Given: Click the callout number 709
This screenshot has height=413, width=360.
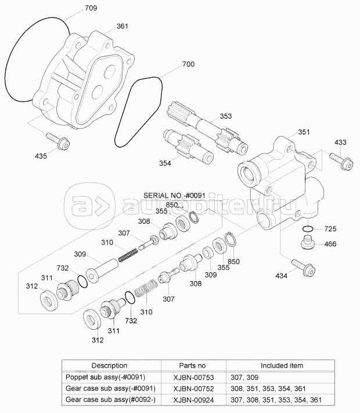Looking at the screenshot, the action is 91,8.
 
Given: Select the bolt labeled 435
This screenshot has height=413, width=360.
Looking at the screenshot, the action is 58,141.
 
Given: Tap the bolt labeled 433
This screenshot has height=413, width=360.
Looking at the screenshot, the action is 341,161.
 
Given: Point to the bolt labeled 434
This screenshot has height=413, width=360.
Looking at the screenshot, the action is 303,267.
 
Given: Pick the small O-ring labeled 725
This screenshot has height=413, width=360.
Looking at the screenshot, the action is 308,228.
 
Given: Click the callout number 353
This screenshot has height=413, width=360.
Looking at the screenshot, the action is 226,116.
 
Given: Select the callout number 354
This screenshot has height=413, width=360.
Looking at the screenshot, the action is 165,163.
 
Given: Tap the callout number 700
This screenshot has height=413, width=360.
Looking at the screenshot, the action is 188,64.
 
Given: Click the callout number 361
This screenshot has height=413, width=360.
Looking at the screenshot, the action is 122,26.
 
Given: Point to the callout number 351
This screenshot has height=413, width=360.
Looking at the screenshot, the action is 304,132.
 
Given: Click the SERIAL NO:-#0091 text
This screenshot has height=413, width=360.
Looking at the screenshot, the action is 174,195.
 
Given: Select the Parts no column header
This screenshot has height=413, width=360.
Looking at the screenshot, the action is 192,365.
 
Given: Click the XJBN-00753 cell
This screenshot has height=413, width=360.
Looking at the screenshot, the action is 193,378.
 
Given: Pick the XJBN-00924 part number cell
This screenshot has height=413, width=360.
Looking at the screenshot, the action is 193,400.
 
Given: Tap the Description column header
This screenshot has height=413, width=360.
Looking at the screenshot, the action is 109,365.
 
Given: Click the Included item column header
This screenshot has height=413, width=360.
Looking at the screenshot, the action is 282,365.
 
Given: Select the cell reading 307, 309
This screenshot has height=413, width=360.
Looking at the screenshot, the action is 244,378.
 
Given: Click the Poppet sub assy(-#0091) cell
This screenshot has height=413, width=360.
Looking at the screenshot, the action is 105,377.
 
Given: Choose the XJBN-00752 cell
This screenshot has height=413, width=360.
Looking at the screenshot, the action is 193,389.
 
